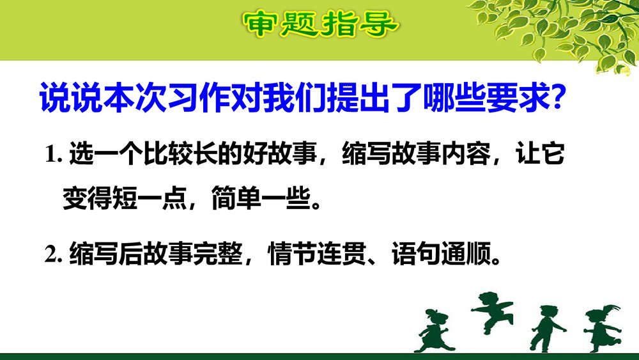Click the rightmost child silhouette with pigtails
point(601,326)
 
